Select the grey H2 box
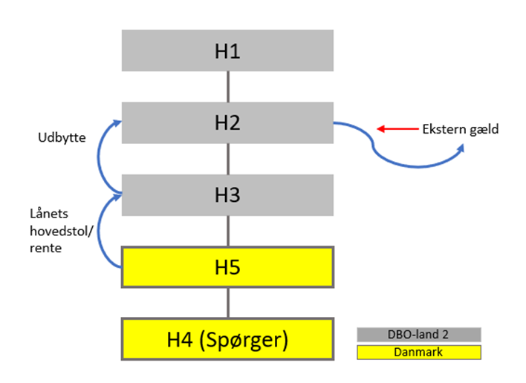227,122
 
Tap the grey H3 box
227,195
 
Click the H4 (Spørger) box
227,341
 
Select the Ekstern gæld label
461,129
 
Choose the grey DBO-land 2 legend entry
419,335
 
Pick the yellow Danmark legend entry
419,352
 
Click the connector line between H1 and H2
228,87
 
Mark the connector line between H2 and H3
228,159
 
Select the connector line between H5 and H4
228,302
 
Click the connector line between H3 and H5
228,232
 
